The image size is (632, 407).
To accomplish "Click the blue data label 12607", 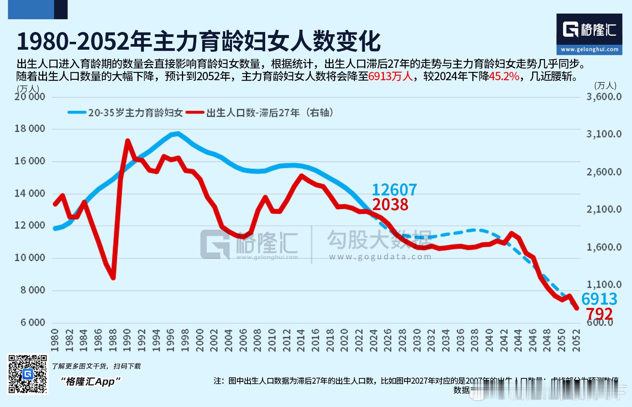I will click(x=394, y=190).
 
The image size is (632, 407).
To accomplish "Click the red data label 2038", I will click(x=390, y=205).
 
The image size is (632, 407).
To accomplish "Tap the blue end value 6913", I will click(x=599, y=299).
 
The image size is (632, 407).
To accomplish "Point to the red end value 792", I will click(x=599, y=314).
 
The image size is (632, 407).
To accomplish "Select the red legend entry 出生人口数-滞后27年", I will click(x=270, y=113).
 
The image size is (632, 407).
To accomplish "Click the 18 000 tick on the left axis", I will click(x=30, y=129).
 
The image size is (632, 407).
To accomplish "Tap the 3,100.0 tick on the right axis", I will click(x=604, y=134).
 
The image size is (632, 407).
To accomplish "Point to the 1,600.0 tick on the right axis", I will click(x=604, y=247).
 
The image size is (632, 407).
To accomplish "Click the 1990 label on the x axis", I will click(x=127, y=340).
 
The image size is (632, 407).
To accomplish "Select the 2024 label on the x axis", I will click(x=374, y=340).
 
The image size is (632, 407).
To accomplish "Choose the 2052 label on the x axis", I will click(x=577, y=340).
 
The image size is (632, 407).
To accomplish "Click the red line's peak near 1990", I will click(x=128, y=141).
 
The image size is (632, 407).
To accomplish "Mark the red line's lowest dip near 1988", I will click(x=113, y=278).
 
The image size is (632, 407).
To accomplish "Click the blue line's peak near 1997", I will click(x=178, y=133).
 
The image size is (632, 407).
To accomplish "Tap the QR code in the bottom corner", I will click(x=28, y=374).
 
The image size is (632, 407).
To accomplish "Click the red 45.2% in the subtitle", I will click(x=504, y=76).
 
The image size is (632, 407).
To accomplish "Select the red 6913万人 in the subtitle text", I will click(x=391, y=76).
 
